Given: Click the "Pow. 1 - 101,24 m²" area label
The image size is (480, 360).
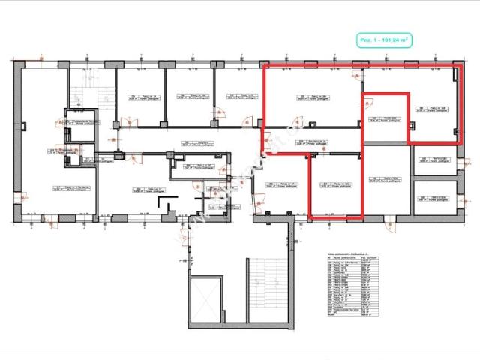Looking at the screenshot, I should coord(383,39).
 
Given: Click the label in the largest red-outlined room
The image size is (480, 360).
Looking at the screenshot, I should coord(311,98).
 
